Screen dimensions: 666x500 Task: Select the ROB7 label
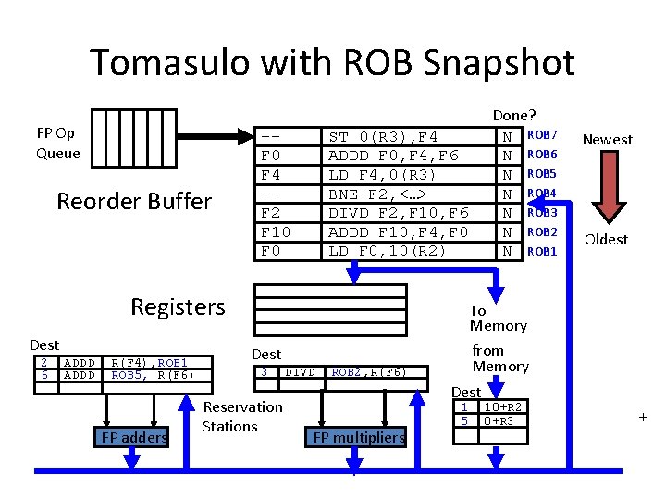point(542,135)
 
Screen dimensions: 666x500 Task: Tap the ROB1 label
point(542,252)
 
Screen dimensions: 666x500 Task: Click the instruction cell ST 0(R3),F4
point(408,137)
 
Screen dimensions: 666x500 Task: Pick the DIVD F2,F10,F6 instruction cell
point(408,213)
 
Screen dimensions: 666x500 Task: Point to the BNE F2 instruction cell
point(408,194)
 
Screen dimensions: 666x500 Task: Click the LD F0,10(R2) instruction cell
point(408,251)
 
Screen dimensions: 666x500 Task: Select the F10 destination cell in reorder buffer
point(288,232)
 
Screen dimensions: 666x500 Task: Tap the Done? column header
point(514,115)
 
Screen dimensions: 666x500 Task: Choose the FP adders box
point(131,437)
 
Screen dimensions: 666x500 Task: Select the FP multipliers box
point(356,437)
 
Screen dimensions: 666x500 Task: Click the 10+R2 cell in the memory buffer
point(503,406)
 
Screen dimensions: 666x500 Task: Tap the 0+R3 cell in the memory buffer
point(503,421)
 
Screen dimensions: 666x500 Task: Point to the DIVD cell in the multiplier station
point(301,372)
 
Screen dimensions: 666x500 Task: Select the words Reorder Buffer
point(134,201)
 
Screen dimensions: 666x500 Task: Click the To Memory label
point(499,318)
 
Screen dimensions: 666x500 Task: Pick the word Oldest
point(606,240)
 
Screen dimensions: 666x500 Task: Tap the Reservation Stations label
point(242,417)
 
